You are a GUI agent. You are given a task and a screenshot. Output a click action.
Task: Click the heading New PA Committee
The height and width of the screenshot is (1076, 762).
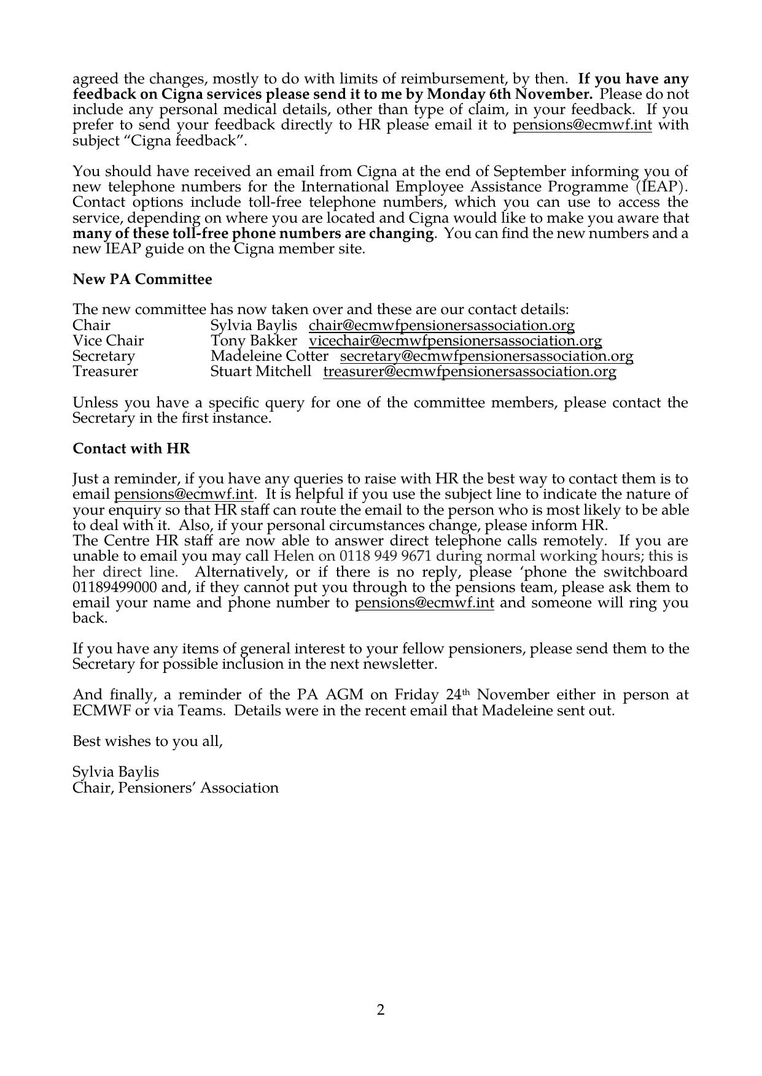[x=142, y=280]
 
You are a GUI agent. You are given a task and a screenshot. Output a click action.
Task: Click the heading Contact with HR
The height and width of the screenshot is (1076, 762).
[x=131, y=449]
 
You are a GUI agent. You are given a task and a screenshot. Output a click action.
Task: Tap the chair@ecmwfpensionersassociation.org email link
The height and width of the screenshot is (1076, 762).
[x=441, y=326]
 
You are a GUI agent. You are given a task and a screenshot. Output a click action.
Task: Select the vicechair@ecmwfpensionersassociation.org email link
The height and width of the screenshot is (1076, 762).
[x=455, y=341]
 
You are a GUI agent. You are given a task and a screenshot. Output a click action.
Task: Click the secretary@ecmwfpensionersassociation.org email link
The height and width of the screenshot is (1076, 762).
[x=486, y=356]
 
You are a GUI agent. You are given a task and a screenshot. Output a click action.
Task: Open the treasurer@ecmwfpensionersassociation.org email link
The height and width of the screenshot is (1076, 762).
[x=470, y=372]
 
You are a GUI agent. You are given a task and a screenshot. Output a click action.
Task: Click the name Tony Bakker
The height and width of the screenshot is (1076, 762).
[x=254, y=341]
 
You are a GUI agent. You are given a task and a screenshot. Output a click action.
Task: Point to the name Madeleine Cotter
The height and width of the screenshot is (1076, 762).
[x=269, y=356]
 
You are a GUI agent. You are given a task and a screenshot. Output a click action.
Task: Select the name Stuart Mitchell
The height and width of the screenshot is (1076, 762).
[x=261, y=372]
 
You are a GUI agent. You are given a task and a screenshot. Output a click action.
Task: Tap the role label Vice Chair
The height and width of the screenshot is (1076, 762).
[x=108, y=341]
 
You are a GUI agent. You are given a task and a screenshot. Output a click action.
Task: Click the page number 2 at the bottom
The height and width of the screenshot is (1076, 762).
[x=381, y=1010]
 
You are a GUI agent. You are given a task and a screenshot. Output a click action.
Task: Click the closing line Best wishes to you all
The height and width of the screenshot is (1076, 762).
[x=147, y=742]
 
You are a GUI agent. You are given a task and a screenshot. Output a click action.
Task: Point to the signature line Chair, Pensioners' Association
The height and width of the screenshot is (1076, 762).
[x=176, y=788]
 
